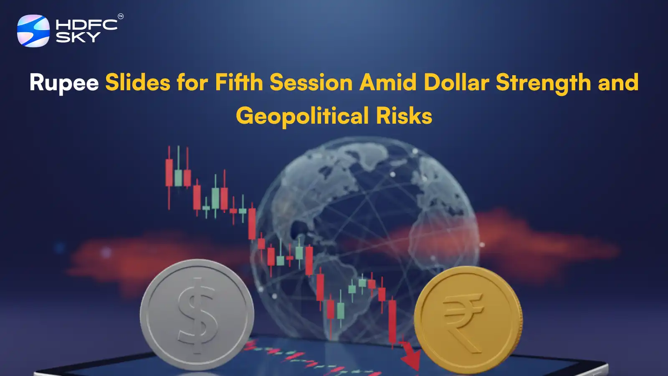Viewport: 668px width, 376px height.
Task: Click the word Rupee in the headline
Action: (x=64, y=83)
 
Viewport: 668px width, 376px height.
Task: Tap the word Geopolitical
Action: (x=302, y=116)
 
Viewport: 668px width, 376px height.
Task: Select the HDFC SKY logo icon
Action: (x=33, y=31)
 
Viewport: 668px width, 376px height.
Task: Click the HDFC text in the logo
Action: (x=86, y=25)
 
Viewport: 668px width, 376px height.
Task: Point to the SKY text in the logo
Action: (x=78, y=37)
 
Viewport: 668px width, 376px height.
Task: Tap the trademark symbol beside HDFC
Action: (x=121, y=16)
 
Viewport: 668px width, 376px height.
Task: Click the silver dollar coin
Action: (x=197, y=314)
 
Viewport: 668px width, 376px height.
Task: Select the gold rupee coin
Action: (x=468, y=320)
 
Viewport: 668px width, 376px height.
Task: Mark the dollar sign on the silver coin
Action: (x=197, y=311)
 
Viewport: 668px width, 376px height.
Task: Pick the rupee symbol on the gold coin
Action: (x=463, y=320)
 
